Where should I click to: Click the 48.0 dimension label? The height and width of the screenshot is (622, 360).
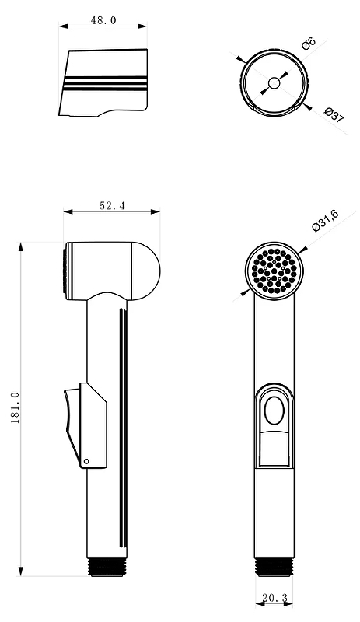click(x=103, y=20)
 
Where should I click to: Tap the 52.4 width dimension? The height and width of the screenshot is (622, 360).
click(x=112, y=206)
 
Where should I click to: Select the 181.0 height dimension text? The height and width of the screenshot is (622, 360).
click(x=15, y=407)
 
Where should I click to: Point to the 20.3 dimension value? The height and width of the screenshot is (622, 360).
click(x=274, y=598)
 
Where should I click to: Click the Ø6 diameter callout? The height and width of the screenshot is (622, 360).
click(x=309, y=44)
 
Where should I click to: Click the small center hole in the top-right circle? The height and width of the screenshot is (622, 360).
click(x=274, y=83)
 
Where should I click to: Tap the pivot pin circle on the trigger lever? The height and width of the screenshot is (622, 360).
click(x=86, y=461)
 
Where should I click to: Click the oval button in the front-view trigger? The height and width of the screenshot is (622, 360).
click(x=274, y=411)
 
